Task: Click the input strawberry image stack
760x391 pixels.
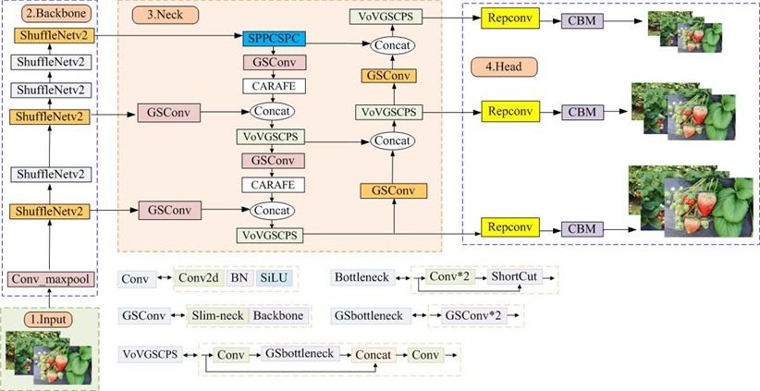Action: pos(51,358)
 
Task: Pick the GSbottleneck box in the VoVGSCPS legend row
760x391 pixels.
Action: pos(298,354)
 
